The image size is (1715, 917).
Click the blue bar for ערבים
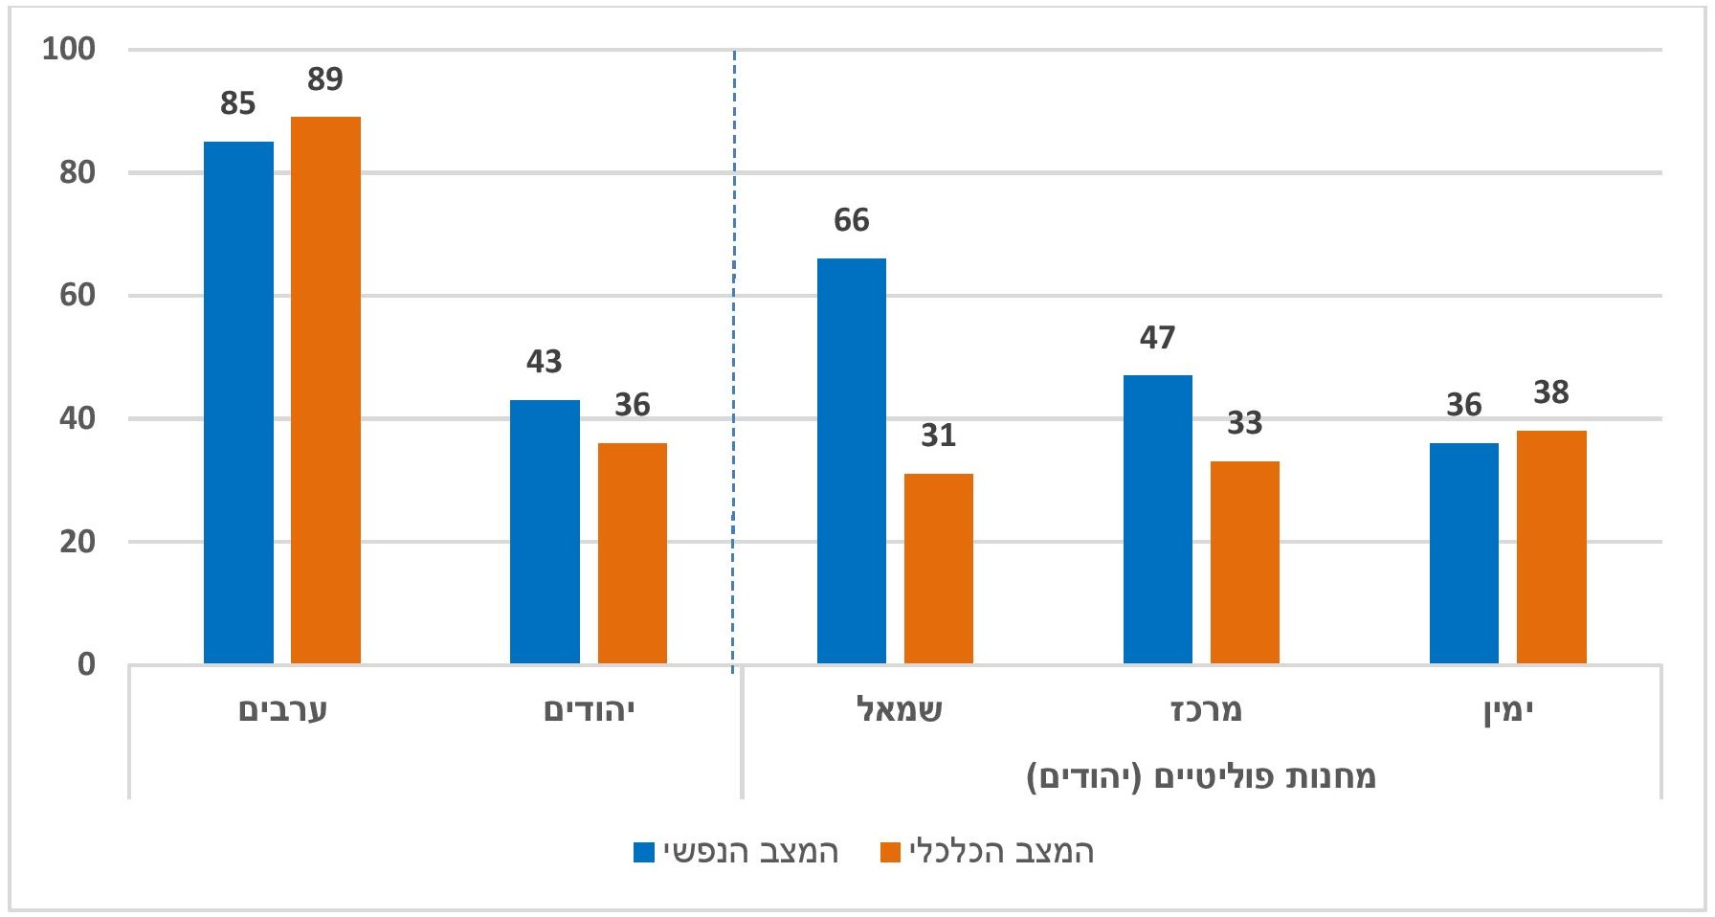tap(238, 402)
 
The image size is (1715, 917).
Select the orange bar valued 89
tap(325, 390)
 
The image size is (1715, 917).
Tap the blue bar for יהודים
tap(545, 531)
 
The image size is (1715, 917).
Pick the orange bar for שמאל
tap(938, 569)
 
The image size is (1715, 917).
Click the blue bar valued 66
tap(851, 460)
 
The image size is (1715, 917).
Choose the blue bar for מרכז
tap(1157, 519)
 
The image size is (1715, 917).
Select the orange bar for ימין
tap(1550, 547)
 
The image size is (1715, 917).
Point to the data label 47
tap(1157, 338)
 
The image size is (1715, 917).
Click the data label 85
tap(238, 103)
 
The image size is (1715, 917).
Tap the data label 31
tap(938, 436)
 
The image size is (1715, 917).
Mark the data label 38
tap(1550, 392)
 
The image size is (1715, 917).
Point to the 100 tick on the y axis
tap(69, 49)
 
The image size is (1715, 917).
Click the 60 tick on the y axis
tap(77, 295)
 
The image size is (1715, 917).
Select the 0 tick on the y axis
tap(86, 664)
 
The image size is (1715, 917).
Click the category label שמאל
tap(899, 710)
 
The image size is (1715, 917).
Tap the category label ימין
tap(1509, 711)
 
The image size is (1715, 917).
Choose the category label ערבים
tap(282, 710)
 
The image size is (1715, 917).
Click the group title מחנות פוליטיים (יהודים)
tap(1201, 776)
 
